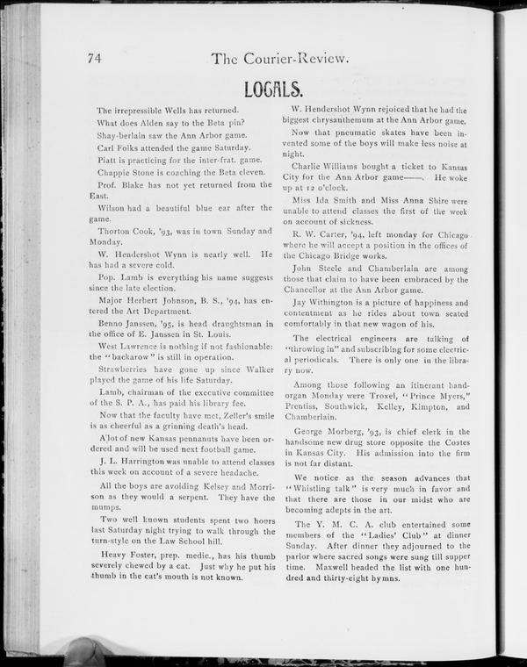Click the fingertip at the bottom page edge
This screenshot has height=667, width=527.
point(84,651)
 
